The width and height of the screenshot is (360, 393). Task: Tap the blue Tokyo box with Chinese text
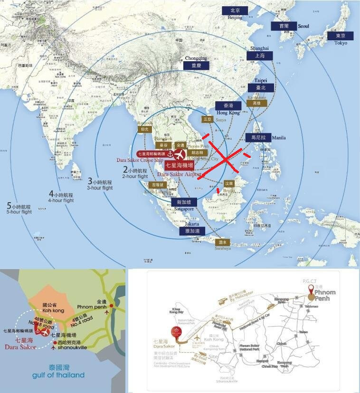[x=341, y=36]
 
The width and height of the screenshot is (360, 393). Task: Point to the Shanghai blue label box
[x=260, y=56]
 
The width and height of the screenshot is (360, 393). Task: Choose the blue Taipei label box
[x=260, y=88]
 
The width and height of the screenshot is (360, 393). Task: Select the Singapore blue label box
[x=184, y=202]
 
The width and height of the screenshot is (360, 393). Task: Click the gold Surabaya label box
[x=221, y=242]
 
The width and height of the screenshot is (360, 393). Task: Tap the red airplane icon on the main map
[x=179, y=154]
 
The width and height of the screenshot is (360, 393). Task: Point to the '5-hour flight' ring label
[x=19, y=209]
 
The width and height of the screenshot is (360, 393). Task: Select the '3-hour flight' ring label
[x=100, y=185]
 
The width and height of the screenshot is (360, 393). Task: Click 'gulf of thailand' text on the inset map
[x=59, y=374]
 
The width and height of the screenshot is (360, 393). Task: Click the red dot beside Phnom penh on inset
[x=111, y=306]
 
